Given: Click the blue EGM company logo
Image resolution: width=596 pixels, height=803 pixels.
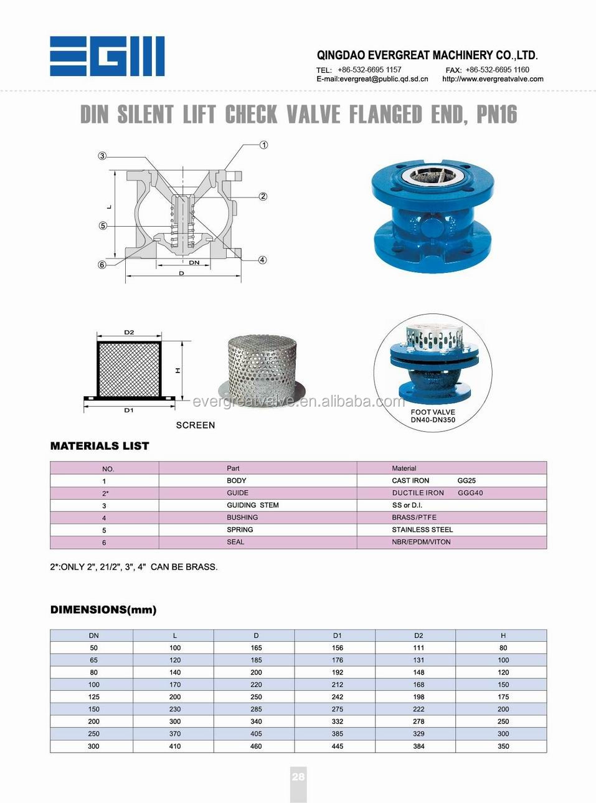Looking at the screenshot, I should tap(107, 56).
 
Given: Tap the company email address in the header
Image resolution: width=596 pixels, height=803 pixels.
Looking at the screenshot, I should tap(372, 79).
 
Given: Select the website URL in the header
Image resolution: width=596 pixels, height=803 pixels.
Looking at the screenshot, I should tap(493, 79).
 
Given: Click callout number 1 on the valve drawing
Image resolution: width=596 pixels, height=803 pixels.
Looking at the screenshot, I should tap(264, 145).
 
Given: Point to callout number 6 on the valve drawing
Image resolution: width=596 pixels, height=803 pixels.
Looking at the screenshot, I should tap(102, 265).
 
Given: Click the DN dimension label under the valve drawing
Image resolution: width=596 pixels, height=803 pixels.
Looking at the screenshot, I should tap(194, 263).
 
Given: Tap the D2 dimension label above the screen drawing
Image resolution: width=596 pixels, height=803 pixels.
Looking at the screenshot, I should tap(129, 333).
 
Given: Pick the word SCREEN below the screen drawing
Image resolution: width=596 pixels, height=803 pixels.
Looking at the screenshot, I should tap(196, 425).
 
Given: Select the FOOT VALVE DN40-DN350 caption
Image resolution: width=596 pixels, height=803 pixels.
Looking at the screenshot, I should tap(433, 416).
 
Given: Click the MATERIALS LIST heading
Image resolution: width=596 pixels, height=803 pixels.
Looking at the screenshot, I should tap(100, 446).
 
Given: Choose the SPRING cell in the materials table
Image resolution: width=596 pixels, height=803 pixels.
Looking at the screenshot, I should tap(240, 530).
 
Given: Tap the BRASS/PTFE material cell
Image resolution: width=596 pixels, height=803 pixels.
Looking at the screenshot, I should tap(414, 518).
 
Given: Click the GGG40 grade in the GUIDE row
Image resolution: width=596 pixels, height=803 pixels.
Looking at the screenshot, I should tap(470, 493).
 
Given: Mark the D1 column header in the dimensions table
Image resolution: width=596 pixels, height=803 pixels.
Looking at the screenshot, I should tap(337, 635).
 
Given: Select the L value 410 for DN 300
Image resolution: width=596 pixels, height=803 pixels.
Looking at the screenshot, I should tap(175, 746).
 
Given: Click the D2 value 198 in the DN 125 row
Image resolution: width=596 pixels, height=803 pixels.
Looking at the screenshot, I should tap(419, 697).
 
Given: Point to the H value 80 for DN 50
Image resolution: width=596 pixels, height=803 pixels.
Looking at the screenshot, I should tap(503, 648).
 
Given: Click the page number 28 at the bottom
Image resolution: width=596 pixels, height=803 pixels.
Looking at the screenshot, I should tap(298, 776).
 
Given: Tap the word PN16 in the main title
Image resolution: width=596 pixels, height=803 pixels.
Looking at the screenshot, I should tap(496, 115).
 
